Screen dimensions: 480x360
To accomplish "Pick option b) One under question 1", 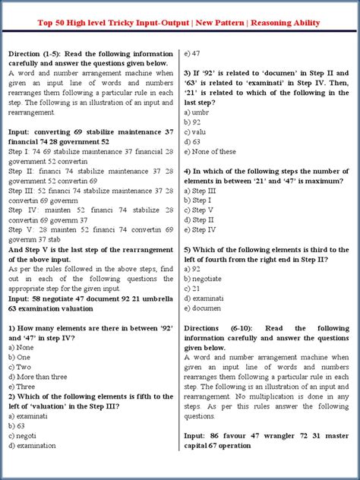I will (x=20, y=357).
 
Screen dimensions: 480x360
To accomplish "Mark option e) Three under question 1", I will (x=23, y=386).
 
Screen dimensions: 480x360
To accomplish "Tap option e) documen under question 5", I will (x=205, y=308).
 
